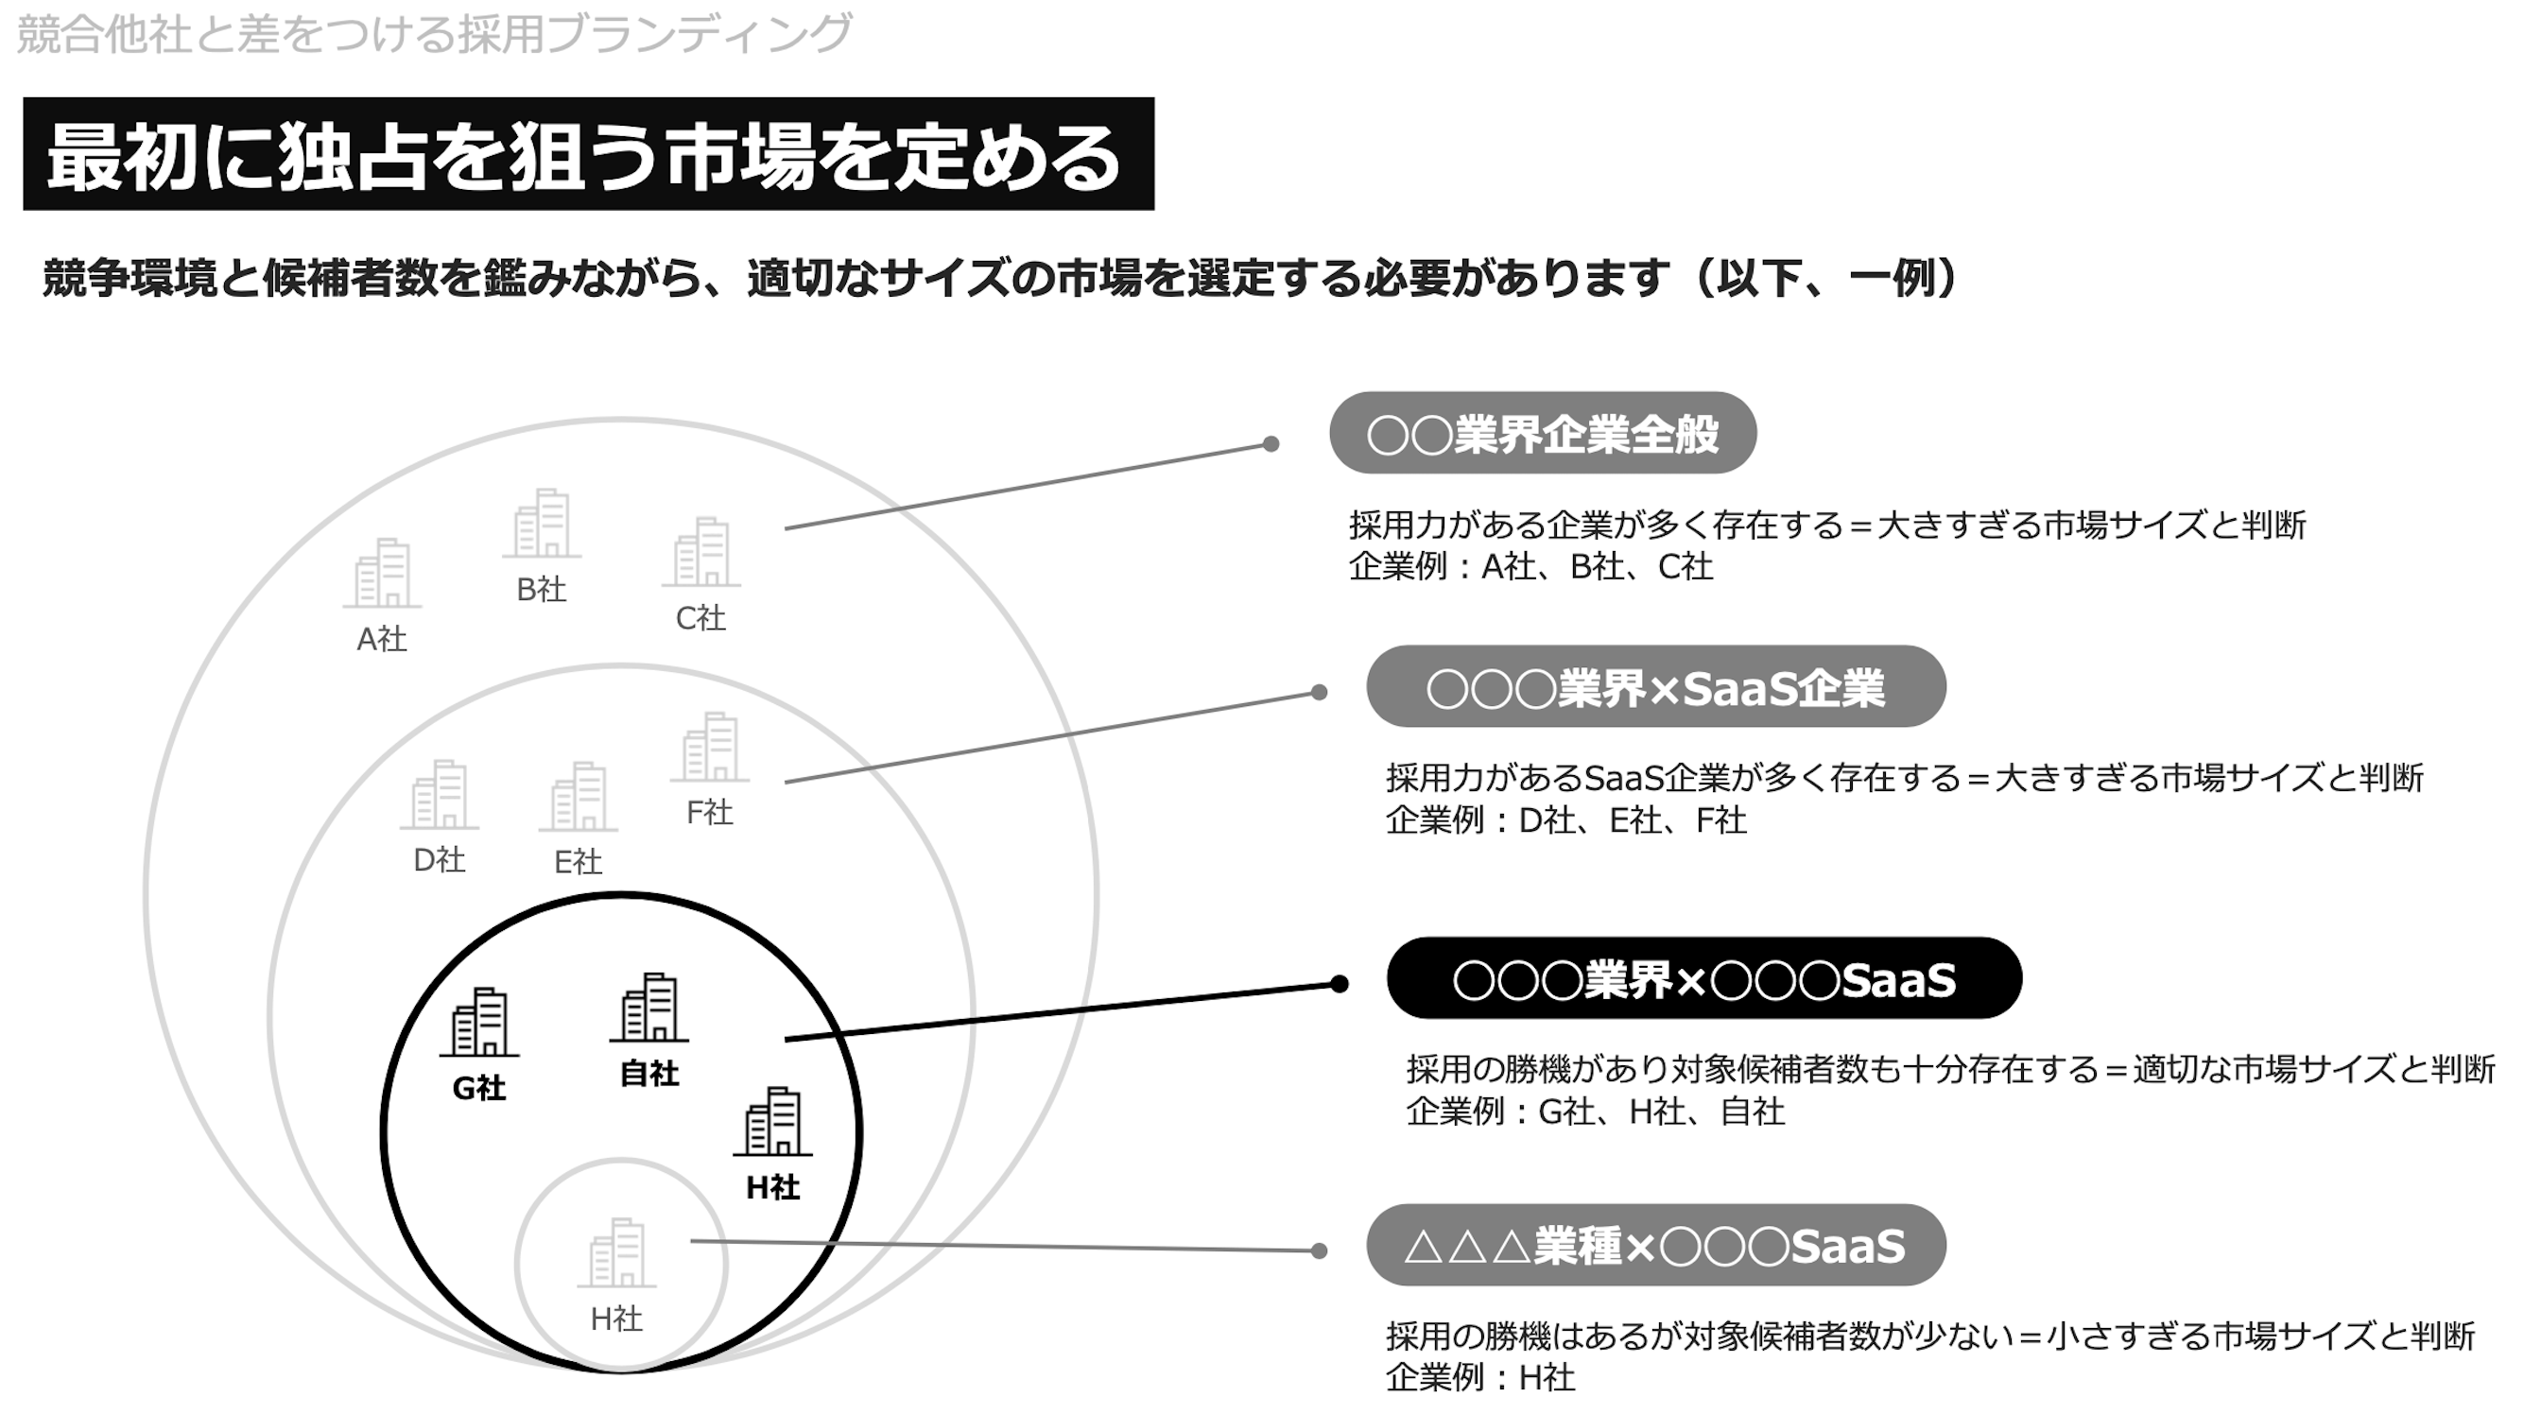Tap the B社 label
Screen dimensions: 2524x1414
click(x=541, y=590)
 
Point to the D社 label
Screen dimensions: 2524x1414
click(x=439, y=860)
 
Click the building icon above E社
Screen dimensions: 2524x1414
click(x=579, y=797)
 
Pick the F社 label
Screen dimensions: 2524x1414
click(x=709, y=812)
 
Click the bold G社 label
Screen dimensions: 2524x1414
click(x=479, y=1088)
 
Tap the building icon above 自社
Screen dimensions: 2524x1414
click(x=649, y=1008)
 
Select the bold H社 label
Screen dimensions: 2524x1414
click(x=773, y=1188)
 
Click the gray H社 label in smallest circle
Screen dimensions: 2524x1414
click(x=616, y=1319)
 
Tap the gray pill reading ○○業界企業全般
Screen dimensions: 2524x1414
click(x=1542, y=433)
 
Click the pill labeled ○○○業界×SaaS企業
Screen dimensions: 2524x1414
click(x=1655, y=687)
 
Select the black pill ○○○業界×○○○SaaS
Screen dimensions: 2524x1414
click(x=1703, y=979)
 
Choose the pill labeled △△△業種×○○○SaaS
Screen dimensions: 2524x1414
click(x=1655, y=1246)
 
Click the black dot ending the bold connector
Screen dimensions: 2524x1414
click(x=1340, y=984)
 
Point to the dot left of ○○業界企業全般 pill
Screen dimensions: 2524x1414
click(x=1271, y=444)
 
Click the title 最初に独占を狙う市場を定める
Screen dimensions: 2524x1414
click(x=588, y=155)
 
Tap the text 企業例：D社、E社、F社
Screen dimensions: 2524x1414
click(x=1565, y=820)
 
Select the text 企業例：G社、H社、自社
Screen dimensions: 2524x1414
click(x=1595, y=1112)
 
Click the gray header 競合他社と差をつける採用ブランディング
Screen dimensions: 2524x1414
click(x=434, y=33)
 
